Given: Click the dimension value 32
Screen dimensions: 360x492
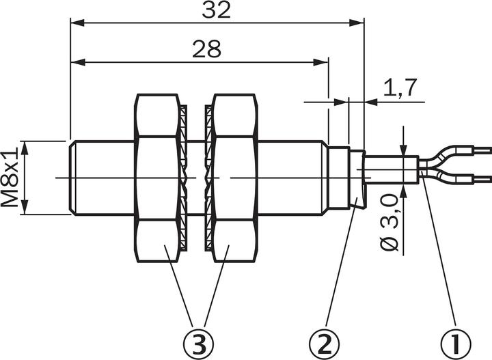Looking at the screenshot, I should click(217, 10).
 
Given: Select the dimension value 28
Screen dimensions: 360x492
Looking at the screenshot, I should click(206, 50).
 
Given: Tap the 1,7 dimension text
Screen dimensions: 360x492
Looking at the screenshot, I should click(400, 87).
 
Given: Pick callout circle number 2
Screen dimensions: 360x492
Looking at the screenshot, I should click(325, 340).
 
